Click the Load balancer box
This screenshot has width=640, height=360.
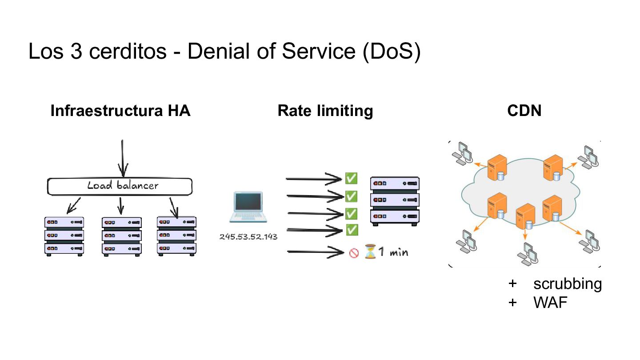120,186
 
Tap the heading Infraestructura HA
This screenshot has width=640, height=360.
120,111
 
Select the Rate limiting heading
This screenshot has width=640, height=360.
325,111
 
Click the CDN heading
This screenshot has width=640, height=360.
524,111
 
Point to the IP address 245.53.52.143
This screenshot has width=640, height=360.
248,237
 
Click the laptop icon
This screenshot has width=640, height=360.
248,207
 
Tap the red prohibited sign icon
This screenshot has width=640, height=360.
354,253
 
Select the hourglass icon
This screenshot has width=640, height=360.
370,252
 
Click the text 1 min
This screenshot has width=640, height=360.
393,252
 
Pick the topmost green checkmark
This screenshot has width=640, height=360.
351,178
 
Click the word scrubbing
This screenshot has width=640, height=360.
568,284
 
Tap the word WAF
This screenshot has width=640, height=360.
550,303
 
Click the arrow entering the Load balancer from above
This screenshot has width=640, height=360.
123,159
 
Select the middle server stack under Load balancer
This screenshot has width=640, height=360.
122,236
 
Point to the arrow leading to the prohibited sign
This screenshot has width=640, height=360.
316,252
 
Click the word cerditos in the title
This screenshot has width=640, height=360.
128,52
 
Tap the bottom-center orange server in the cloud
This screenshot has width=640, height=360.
525,216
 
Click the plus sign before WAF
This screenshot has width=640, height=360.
512,303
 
